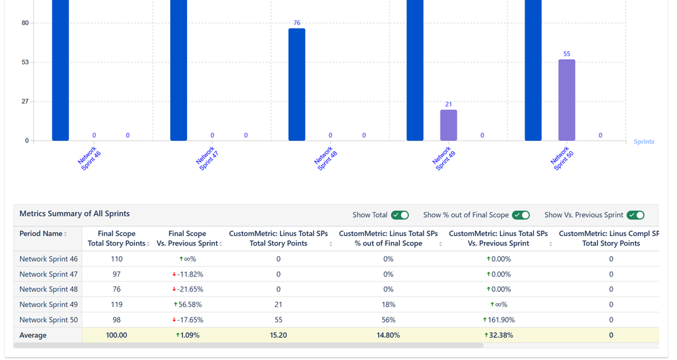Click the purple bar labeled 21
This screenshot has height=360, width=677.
(448, 125)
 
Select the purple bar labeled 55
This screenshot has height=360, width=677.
(567, 100)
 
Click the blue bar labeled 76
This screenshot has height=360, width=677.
(297, 85)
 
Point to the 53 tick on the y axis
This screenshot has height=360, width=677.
(25, 62)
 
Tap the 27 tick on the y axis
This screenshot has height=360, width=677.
(25, 102)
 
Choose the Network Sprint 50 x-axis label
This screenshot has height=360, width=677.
(562, 159)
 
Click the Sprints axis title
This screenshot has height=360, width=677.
(644, 142)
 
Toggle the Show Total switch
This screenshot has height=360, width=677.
(400, 215)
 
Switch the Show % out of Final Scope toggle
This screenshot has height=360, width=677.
(520, 215)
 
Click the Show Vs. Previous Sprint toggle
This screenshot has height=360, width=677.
(635, 215)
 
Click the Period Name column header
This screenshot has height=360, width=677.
(42, 234)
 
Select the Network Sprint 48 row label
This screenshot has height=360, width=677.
(49, 289)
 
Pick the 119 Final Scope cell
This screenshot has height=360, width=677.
(116, 304)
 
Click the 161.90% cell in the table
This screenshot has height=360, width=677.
(498, 320)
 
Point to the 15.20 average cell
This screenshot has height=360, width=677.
(278, 335)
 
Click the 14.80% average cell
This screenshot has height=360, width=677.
(388, 335)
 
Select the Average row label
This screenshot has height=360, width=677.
(33, 335)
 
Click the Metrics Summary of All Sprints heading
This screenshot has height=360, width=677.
(75, 214)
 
